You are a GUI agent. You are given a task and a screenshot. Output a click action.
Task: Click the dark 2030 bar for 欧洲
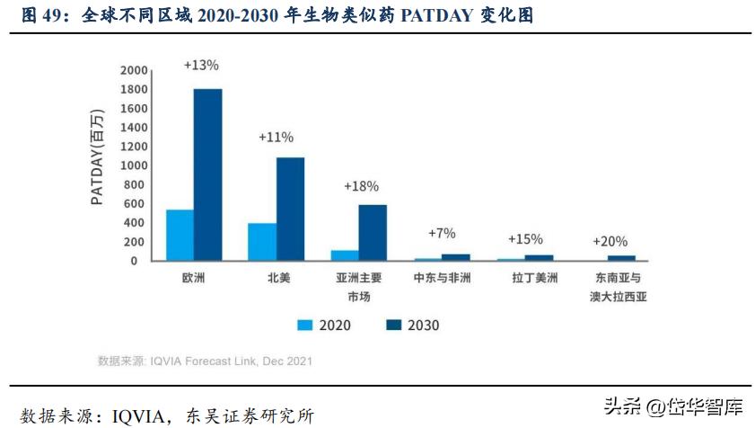[x=207, y=174]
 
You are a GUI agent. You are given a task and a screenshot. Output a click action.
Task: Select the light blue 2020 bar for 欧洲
[x=180, y=235]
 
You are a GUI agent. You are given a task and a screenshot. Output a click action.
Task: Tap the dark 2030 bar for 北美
[x=290, y=209]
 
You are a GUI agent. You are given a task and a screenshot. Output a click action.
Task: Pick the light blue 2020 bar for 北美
[x=262, y=242]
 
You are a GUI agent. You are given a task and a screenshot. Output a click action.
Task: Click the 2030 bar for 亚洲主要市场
[x=373, y=232]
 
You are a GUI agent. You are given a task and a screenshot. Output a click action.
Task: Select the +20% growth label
[x=610, y=241]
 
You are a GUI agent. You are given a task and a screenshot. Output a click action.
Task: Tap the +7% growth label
[x=442, y=233]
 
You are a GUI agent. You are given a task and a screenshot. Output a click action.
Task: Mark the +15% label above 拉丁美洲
[x=525, y=239]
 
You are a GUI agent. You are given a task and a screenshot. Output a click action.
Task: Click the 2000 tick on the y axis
[x=134, y=71]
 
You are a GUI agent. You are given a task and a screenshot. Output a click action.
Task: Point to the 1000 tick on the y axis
[x=134, y=166]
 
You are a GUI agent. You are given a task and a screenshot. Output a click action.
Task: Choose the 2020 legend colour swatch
[x=304, y=325]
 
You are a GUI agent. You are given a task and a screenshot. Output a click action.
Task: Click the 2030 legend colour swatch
[x=391, y=325]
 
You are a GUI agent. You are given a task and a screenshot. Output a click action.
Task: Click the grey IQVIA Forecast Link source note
[x=205, y=361]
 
